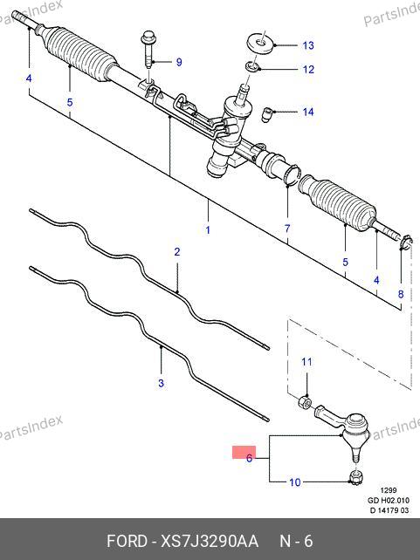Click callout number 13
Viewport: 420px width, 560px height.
tap(308, 45)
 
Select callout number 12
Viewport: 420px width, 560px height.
tap(308, 69)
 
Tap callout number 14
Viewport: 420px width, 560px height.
tap(308, 112)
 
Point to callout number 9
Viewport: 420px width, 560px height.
tap(179, 62)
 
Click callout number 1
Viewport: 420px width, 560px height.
tap(208, 230)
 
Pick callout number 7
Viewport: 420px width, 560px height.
tap(287, 229)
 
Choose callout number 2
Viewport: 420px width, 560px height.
tap(177, 252)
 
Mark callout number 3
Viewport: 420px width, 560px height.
tap(161, 383)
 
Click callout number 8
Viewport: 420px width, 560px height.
tap(401, 294)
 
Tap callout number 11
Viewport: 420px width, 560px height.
tap(306, 362)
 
